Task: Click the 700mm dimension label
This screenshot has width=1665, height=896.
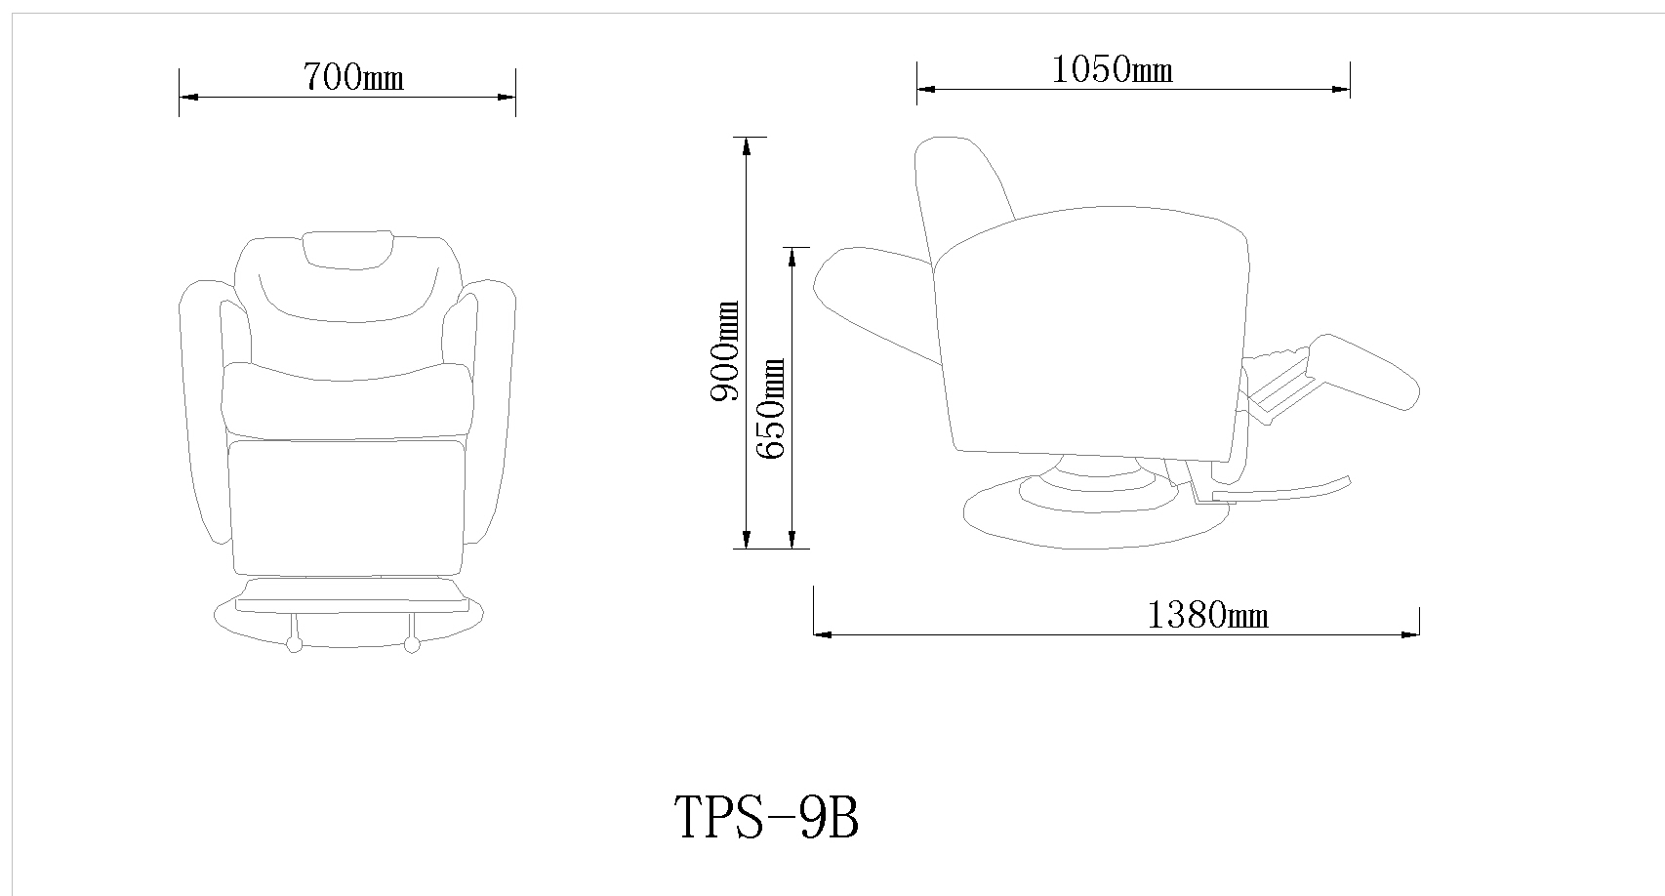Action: click(352, 76)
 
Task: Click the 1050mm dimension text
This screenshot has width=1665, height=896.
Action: click(1112, 69)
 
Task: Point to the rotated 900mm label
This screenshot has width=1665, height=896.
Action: click(724, 351)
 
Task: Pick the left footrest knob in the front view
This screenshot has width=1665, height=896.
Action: click(293, 644)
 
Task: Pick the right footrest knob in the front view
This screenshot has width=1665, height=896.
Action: click(411, 644)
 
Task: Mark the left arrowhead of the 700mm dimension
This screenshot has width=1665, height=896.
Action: click(187, 98)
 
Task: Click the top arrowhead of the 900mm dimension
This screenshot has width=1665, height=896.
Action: click(747, 145)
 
